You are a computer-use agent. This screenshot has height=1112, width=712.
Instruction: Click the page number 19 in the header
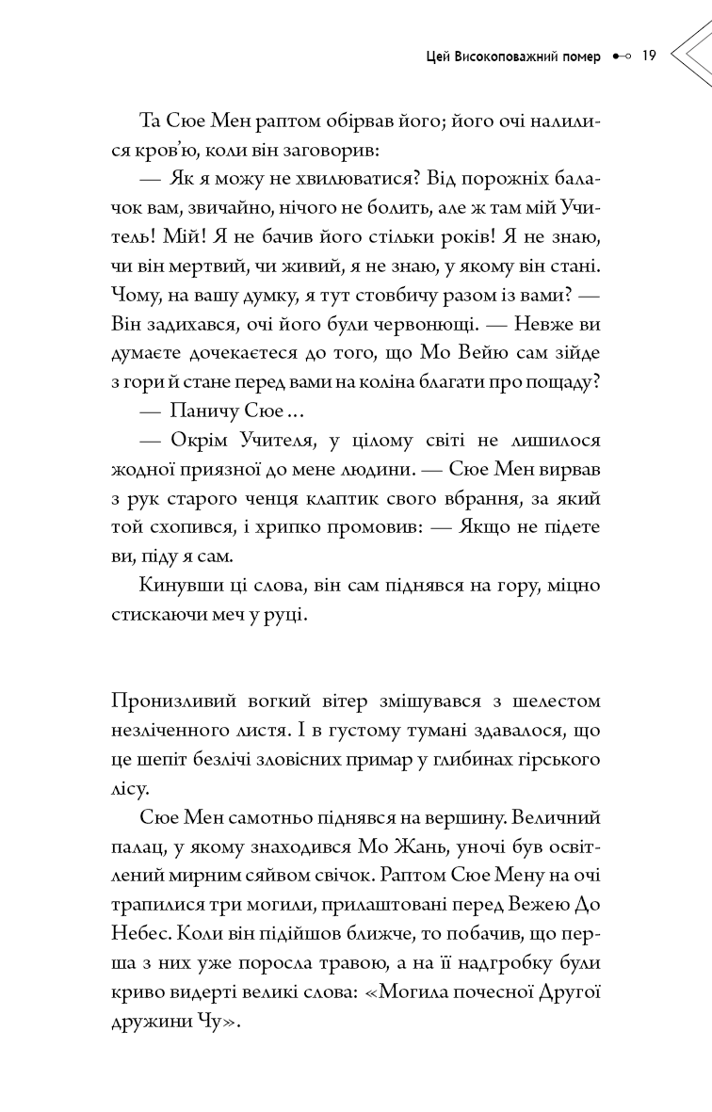pyautogui.click(x=648, y=56)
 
